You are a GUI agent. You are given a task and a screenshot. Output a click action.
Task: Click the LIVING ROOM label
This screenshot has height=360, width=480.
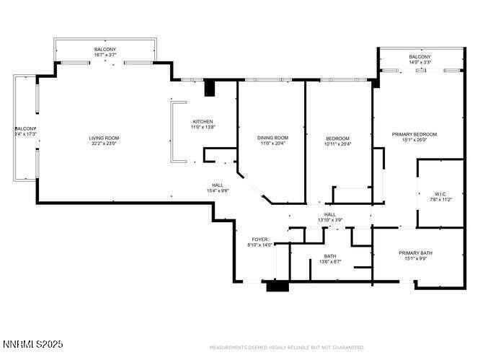[104, 138]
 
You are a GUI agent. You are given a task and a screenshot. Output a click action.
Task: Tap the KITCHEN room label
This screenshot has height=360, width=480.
[203, 121]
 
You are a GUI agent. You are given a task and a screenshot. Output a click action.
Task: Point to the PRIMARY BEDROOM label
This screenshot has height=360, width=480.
[414, 134]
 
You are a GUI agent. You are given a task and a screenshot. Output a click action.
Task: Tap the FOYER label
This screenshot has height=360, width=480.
[259, 240]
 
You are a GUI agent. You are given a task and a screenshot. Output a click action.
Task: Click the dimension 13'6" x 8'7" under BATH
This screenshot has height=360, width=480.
[330, 261]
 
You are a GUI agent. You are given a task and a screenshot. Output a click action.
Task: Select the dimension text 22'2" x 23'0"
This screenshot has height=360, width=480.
[104, 144]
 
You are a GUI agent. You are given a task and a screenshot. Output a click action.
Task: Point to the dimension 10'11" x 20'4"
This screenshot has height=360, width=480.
[337, 144]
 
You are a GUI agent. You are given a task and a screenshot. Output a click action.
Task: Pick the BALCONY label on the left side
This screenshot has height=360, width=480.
[24, 131]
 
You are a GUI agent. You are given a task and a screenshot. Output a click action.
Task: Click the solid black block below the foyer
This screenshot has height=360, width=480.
[276, 286]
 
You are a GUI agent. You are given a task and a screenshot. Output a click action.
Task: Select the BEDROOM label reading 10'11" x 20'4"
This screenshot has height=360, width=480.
[337, 138]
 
